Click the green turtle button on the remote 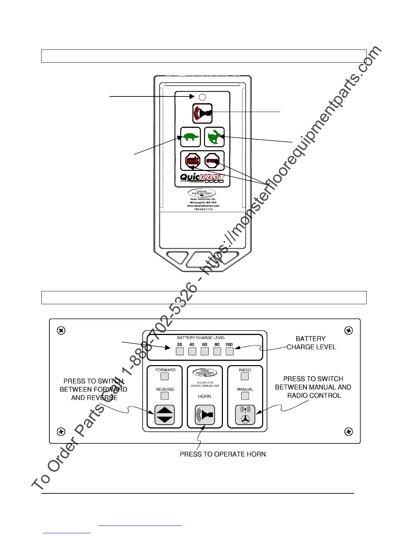coord(190,137)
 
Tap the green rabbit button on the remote coord(214,137)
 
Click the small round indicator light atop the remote coord(202,97)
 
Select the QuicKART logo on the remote coord(202,178)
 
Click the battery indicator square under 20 coord(180,351)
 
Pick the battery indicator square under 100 coord(229,351)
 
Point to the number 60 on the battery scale coord(205,344)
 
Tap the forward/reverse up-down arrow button coord(165,415)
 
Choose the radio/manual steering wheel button coord(245,415)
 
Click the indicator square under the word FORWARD coord(165,376)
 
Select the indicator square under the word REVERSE coord(165,396)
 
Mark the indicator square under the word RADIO coord(245,376)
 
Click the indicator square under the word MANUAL coord(245,396)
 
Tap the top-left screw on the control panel coord(61,331)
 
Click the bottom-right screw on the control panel coord(349,432)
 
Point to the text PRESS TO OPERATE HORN coord(223,454)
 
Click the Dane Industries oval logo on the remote coord(202,193)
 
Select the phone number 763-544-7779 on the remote coord(203,209)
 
